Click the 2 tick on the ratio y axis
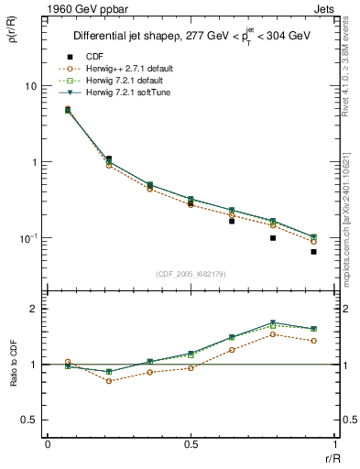[x=33, y=309]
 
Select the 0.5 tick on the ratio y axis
[x=29, y=420]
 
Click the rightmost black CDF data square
[x=313, y=252]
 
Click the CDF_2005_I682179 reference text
[x=191, y=274]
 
